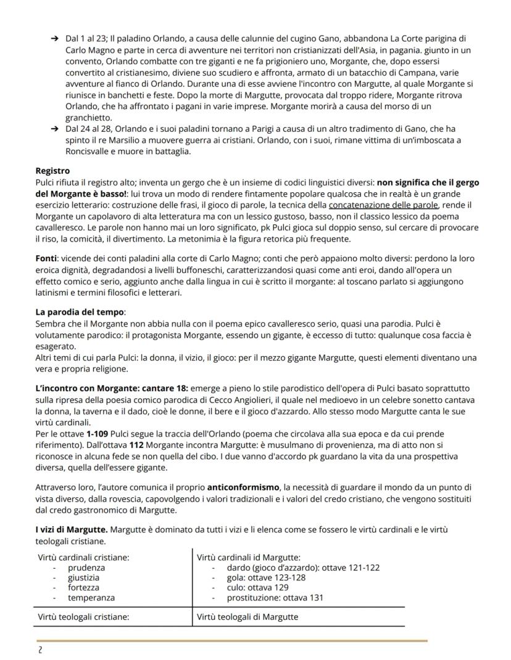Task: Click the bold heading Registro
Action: pos(52,171)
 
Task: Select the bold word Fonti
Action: pos(46,258)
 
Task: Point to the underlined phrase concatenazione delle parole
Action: pos(383,205)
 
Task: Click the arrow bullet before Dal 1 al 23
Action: pos(56,39)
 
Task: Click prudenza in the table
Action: pos(86,568)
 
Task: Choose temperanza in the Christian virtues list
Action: pos(91,597)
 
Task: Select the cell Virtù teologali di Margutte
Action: pos(247,616)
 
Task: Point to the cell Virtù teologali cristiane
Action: pos(83,616)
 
